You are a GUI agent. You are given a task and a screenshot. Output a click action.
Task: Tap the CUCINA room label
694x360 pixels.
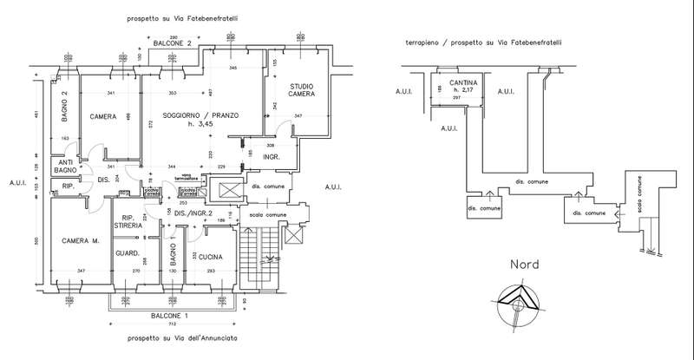[211, 257]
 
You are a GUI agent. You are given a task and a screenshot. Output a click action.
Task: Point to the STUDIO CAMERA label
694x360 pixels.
[302, 89]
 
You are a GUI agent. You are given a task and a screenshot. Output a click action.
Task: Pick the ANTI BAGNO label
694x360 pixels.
[65, 166]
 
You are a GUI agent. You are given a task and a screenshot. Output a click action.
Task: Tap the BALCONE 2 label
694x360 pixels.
[173, 42]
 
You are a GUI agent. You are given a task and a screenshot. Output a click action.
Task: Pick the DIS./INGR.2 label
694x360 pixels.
[193, 213]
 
